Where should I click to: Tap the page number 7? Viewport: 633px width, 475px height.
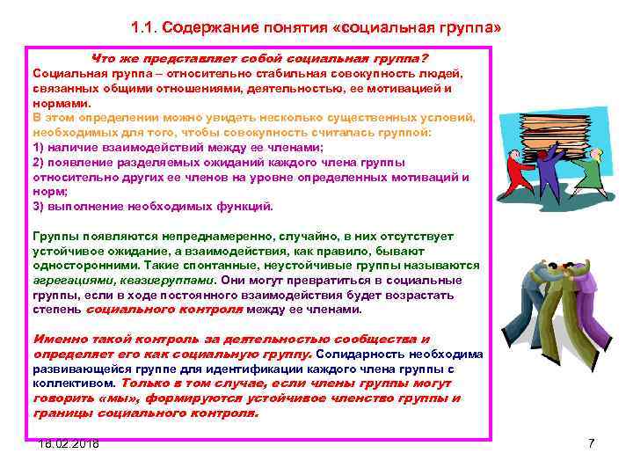pos(591,443)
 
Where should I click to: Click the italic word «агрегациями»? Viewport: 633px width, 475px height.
pos(70,279)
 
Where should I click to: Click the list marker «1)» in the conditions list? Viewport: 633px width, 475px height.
pos(39,147)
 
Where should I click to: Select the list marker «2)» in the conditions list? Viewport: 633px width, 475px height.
pos(39,162)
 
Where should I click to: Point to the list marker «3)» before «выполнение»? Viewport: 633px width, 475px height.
pos(39,207)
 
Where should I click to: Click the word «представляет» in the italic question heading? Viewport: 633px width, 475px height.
pos(186,56)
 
